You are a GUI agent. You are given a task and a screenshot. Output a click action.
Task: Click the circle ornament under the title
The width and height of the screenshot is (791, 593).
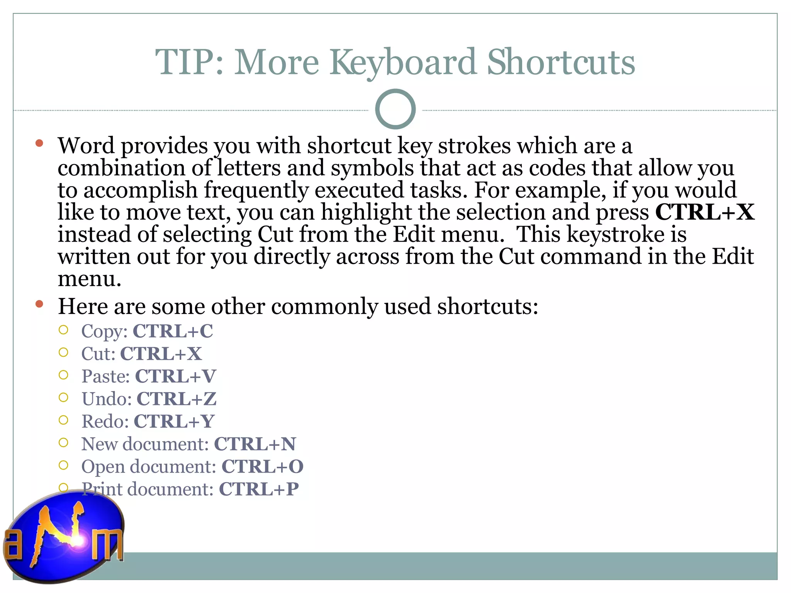(x=395, y=109)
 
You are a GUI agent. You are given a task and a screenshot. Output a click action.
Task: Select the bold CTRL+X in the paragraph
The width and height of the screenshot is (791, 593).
(x=704, y=212)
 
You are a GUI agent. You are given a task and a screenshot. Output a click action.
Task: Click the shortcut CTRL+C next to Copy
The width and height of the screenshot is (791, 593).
(x=173, y=331)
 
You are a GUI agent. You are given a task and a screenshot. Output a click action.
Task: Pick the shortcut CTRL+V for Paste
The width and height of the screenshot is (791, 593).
(x=175, y=376)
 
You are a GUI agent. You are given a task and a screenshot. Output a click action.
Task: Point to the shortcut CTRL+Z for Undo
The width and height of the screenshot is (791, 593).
(x=177, y=399)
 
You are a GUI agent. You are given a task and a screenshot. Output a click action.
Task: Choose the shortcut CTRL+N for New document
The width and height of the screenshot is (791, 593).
(x=255, y=444)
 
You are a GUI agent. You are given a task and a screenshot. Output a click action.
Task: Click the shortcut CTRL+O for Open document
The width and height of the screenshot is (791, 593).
(x=262, y=466)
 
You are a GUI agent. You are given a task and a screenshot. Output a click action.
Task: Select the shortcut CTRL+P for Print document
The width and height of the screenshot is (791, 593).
(x=259, y=489)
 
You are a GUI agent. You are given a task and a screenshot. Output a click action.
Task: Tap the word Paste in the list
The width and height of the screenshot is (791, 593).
(x=105, y=376)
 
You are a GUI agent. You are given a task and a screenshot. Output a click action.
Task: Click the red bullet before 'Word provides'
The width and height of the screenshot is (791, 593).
(x=39, y=144)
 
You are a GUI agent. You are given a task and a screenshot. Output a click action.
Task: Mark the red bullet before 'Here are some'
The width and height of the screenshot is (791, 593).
(x=39, y=304)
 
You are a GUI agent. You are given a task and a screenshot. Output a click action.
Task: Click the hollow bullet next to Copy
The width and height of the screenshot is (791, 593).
(x=63, y=330)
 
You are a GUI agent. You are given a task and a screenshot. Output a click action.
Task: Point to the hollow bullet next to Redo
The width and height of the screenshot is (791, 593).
(x=63, y=420)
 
